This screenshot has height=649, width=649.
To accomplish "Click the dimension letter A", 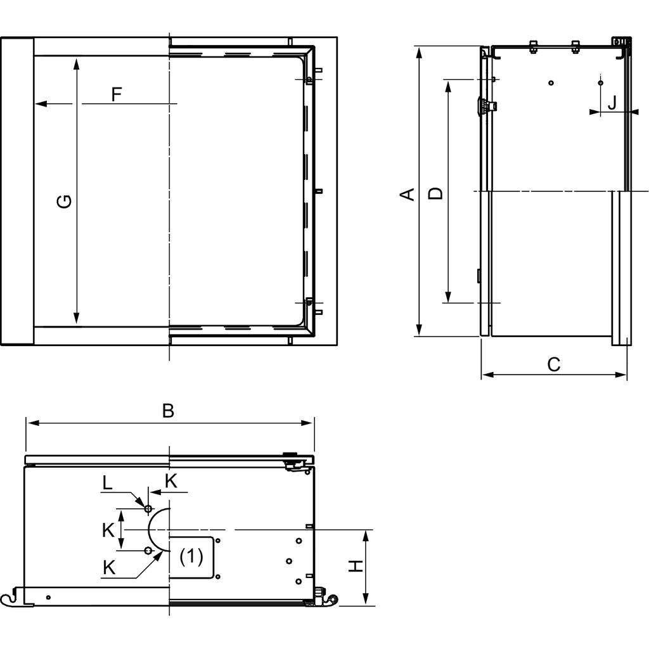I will [x=409, y=193].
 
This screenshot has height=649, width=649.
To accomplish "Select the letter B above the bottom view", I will [x=168, y=411].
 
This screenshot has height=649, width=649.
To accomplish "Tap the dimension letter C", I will [x=553, y=364].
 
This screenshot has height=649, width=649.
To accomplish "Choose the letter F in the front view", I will [x=117, y=94].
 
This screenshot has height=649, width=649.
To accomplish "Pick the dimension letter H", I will [x=357, y=566].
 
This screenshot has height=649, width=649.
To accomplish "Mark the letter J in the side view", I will [x=612, y=103].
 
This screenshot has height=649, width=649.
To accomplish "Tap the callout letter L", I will [x=108, y=484].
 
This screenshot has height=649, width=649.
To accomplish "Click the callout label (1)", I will [x=191, y=556].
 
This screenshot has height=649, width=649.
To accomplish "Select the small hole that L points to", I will [x=148, y=508].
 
